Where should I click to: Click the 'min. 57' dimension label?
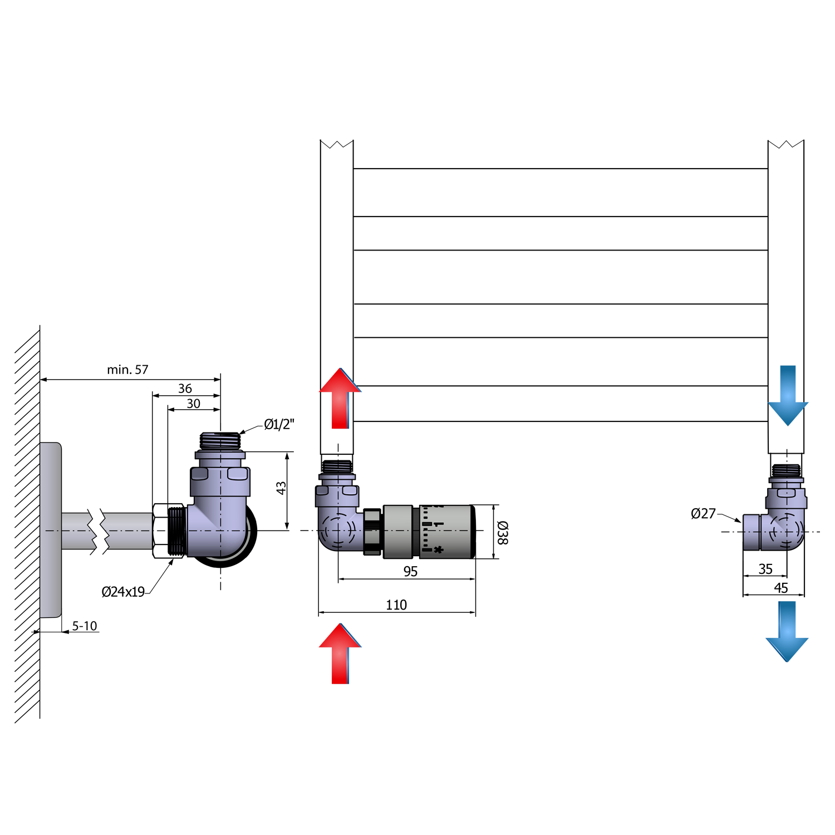coord(127,370)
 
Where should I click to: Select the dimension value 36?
coord(185,389)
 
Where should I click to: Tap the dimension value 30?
coord(193,404)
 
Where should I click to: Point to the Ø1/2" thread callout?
coord(278,425)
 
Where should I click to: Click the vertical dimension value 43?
coord(281,488)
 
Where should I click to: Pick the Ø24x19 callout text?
coord(123,592)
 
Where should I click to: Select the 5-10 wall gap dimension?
coord(85,626)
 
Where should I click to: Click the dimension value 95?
coord(410,572)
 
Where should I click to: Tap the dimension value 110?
coord(396,605)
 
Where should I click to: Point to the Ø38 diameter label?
coord(502,533)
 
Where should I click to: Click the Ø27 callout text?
coord(703,514)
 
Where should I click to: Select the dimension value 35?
coord(765,569)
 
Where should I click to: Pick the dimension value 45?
coord(780,588)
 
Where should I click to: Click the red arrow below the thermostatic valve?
coord(340,654)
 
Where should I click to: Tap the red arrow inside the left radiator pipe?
coord(340,399)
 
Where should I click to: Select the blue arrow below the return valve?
coord(787,631)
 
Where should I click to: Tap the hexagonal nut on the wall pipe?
coord(160,531)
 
